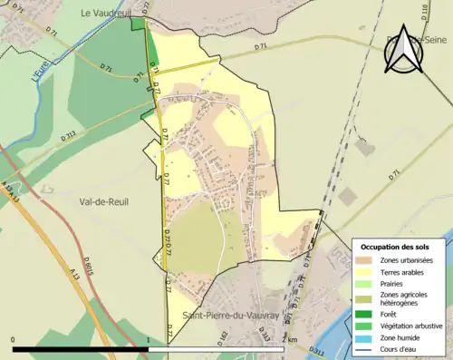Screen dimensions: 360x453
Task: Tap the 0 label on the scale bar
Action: [x=14, y=339]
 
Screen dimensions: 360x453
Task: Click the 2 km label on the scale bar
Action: [x=289, y=339]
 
